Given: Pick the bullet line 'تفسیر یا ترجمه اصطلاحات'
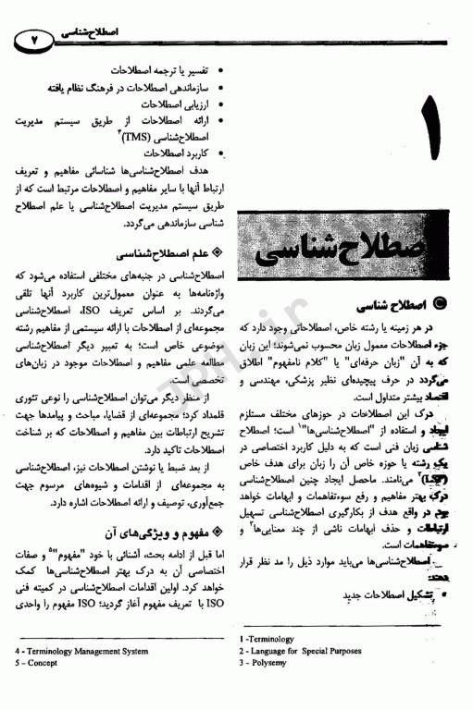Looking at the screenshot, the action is point(157,70).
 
